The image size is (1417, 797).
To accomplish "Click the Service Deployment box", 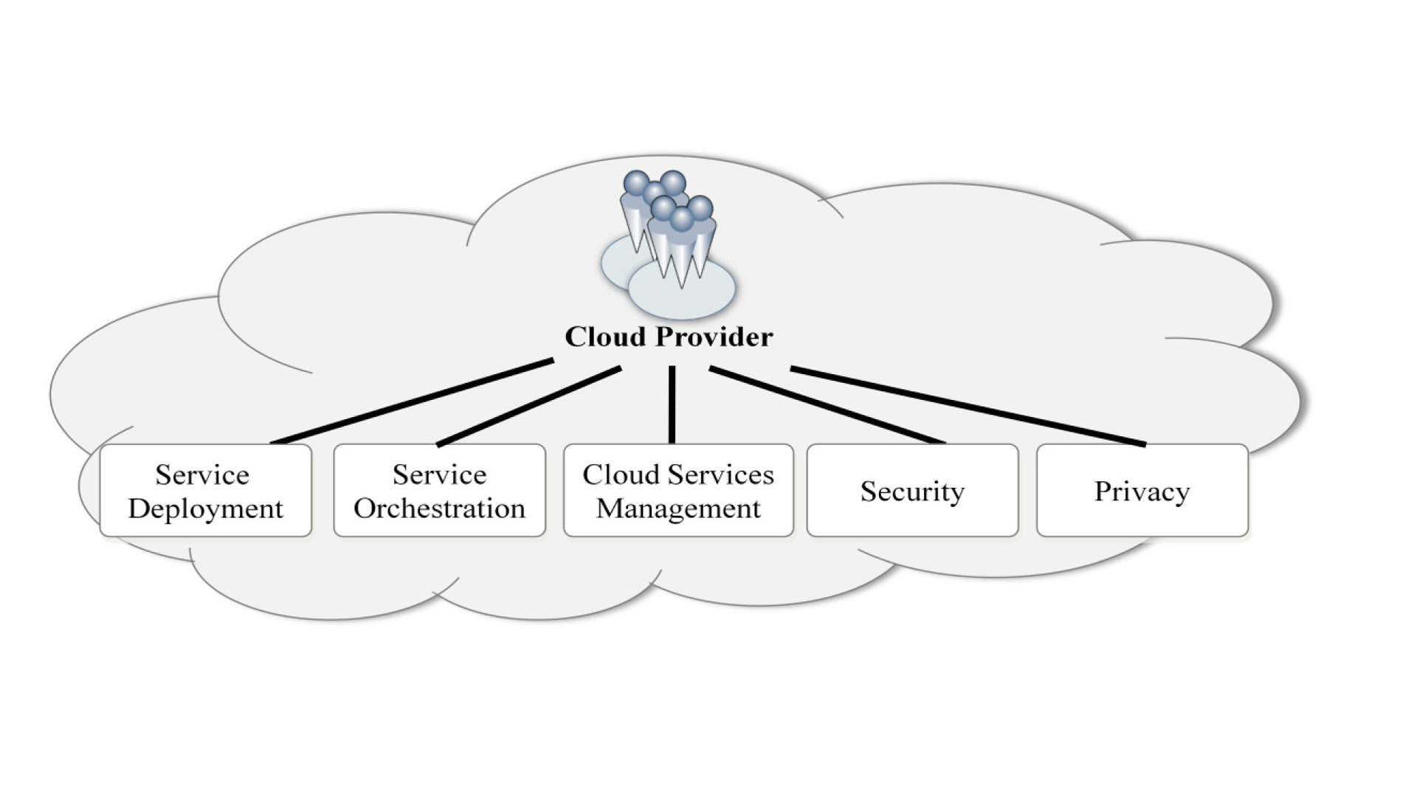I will coord(205,490).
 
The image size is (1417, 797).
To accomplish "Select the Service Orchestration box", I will coord(439,490).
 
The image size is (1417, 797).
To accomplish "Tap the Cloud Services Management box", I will coord(678,490).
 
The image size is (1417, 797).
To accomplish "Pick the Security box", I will coord(912,491).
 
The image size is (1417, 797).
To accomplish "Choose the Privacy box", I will coord(1142,491).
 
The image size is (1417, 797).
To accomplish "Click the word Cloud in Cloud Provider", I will coord(605,337).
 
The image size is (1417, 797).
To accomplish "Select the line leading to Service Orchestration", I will coord(529,407).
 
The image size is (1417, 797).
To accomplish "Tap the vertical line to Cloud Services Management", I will coord(672,404).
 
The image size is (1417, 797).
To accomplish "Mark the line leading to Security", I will coord(827,405).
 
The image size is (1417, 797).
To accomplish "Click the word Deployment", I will coord(205,509).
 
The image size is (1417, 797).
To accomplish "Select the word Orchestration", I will coord(439,508).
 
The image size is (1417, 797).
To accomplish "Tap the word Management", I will coord(678,508).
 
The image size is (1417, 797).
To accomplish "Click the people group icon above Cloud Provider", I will coord(668,236).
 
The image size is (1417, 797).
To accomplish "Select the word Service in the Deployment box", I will coord(201,475).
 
